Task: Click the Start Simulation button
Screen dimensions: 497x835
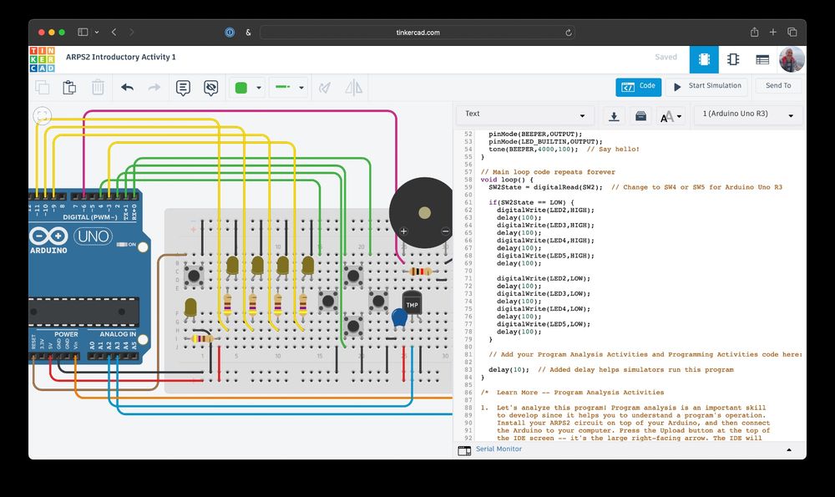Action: (706, 86)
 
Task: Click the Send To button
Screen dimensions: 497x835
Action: (777, 86)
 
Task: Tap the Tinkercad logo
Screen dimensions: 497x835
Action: (42, 59)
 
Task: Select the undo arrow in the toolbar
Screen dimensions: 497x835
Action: (127, 87)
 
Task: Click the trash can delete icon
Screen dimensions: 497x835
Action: (98, 87)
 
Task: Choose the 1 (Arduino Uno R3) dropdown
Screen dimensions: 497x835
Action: (747, 114)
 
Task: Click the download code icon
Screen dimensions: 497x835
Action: (614, 115)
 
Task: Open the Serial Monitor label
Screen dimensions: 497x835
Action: (498, 449)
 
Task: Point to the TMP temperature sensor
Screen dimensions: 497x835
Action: (412, 306)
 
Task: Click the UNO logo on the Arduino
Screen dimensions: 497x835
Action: (93, 236)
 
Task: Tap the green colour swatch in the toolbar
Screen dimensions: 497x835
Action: (241, 88)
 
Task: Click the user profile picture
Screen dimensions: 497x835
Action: (792, 59)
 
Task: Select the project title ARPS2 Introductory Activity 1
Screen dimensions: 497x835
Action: (121, 57)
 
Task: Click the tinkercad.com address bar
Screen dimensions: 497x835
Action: (417, 33)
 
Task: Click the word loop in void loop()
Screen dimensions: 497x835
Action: (509, 180)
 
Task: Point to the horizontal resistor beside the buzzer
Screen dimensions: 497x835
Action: (417, 271)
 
